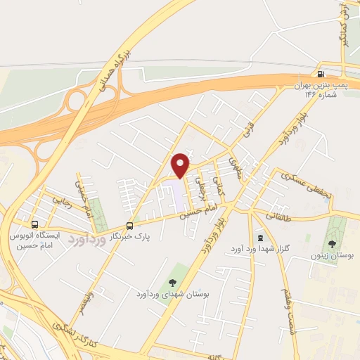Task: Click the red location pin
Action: [181, 165]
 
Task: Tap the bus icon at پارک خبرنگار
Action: [129, 226]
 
